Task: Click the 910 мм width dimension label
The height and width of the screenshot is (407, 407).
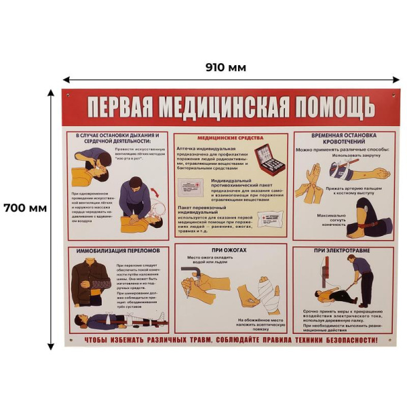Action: point(225,67)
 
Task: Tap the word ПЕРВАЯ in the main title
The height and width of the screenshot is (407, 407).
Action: point(126,107)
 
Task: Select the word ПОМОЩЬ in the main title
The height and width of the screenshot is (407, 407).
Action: point(332,107)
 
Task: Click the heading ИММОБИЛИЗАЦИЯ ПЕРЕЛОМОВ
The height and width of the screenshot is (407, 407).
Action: point(118,250)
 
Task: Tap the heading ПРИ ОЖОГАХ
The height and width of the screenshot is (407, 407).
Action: point(231,250)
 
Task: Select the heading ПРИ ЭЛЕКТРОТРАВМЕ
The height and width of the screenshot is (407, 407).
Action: point(343,250)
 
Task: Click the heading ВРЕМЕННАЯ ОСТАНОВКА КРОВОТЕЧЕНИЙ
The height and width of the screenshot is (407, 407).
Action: point(343,139)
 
